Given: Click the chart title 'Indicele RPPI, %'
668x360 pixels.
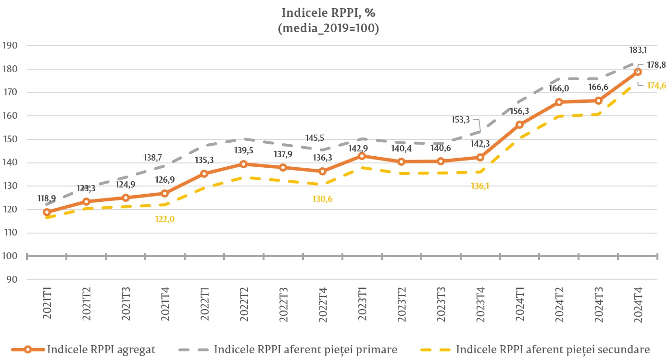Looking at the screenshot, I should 328,12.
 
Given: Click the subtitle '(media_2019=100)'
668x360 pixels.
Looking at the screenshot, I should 328,28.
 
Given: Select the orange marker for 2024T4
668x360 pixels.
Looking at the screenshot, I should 638,72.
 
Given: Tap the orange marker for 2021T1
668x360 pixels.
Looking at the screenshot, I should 47,212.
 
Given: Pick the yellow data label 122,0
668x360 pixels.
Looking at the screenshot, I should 165,219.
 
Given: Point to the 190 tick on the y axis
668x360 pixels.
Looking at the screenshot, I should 10,46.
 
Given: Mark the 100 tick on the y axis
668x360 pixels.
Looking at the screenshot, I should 10,256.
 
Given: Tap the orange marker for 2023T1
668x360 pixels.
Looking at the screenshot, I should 362,156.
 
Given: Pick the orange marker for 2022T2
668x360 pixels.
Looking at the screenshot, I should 244,164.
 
